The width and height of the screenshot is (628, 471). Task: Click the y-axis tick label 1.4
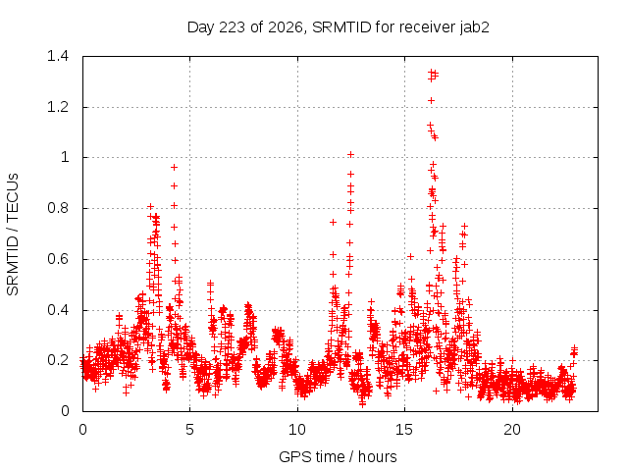58,56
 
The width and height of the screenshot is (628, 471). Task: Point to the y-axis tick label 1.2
58,107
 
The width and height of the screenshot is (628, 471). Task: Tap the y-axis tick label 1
65,157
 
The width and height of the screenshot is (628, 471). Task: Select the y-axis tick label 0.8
58,208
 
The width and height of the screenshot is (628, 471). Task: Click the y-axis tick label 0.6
58,259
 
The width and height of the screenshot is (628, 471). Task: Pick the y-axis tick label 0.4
58,310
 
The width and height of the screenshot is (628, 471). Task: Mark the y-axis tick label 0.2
58,360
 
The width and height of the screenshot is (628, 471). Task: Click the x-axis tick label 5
189,430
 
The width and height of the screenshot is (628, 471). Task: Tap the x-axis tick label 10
297,430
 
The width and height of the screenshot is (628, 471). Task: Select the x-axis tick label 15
404,430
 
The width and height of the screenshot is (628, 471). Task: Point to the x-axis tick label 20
512,430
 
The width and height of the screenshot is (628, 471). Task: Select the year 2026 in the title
286,27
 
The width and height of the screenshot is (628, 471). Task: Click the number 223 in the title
232,27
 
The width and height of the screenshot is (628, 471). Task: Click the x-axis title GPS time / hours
338,456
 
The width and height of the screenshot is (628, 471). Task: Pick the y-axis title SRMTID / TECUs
13,235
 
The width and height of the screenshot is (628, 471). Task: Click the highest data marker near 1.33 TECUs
432,72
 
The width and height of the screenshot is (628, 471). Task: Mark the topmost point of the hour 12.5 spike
350,155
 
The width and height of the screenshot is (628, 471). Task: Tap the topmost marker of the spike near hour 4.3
174,168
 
